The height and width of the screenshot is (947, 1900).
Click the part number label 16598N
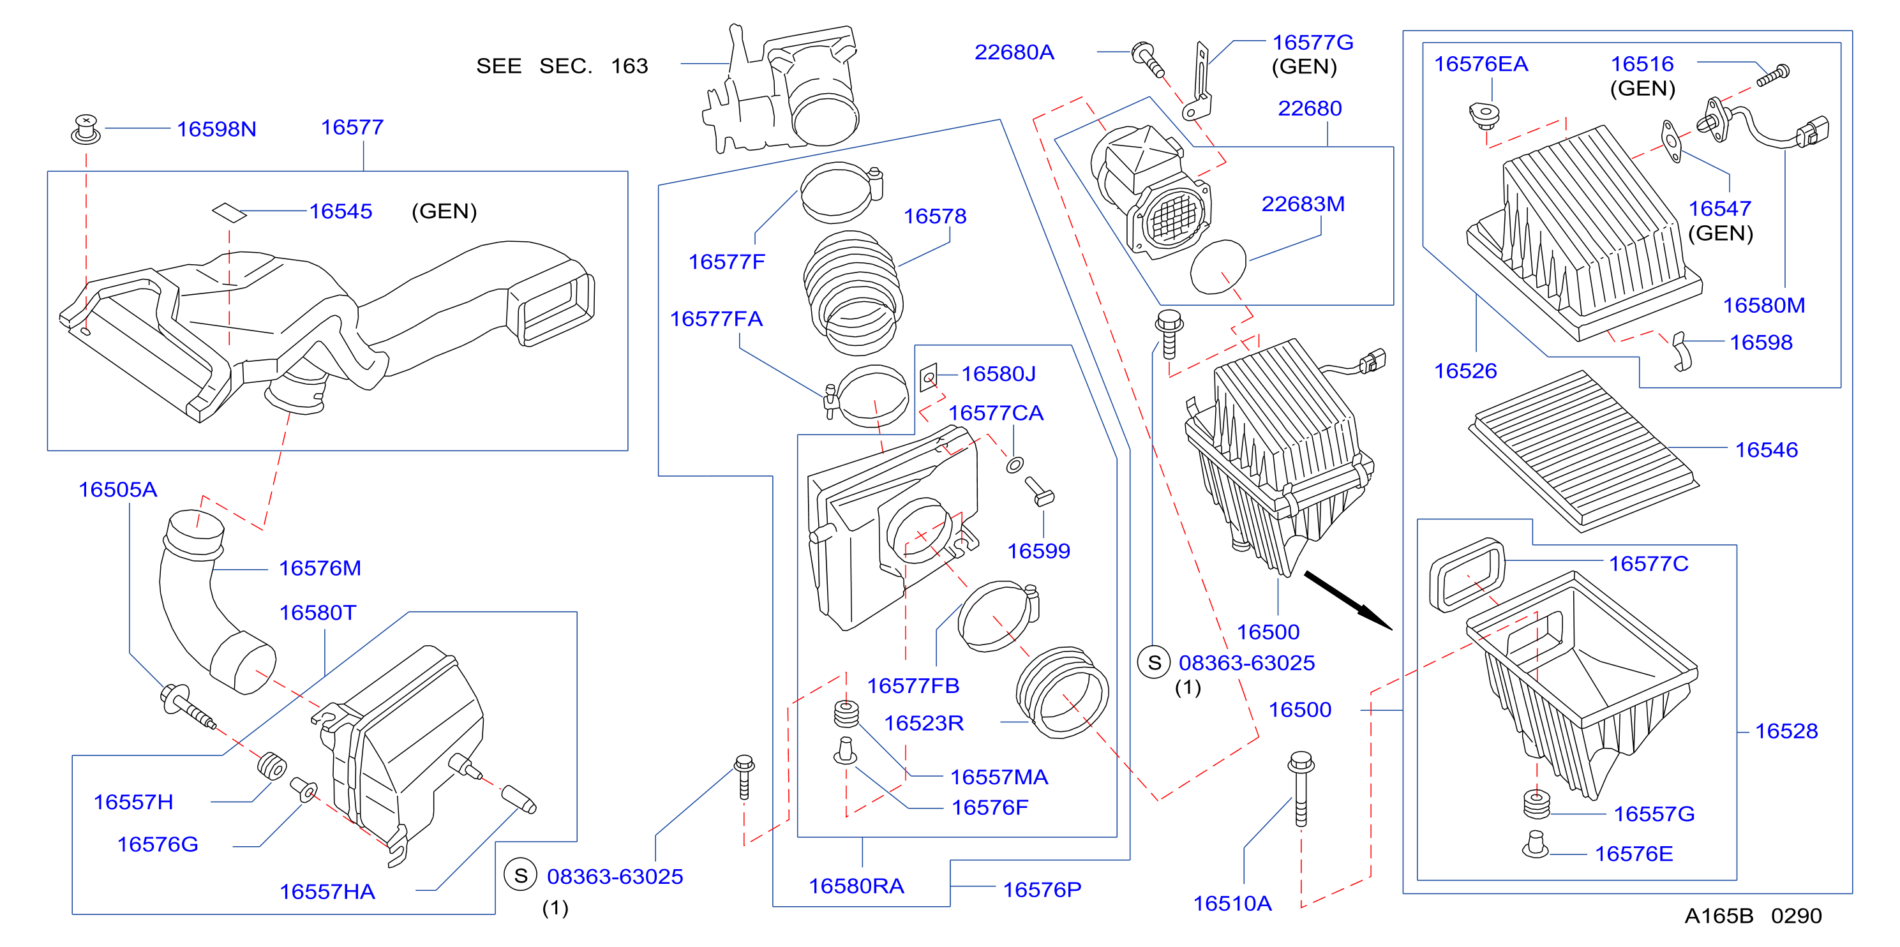pyautogui.click(x=216, y=129)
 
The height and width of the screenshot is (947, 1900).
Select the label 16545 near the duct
pyautogui.click(x=340, y=211)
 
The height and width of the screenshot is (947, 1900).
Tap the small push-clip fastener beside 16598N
pyautogui.click(x=86, y=129)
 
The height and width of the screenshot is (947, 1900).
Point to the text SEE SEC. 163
pyautogui.click(x=562, y=66)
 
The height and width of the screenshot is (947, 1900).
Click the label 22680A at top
pyautogui.click(x=1014, y=52)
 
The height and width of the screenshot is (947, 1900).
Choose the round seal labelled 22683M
pyautogui.click(x=1218, y=266)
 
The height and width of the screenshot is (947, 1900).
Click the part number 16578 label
pyautogui.click(x=934, y=216)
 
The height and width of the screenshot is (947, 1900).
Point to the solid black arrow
pyautogui.click(x=1349, y=600)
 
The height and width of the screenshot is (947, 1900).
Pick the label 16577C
pyautogui.click(x=1649, y=564)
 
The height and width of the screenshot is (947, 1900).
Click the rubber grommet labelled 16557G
pyautogui.click(x=1536, y=805)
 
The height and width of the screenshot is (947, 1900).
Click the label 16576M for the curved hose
pyautogui.click(x=320, y=568)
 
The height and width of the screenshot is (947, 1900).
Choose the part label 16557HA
pyautogui.click(x=327, y=891)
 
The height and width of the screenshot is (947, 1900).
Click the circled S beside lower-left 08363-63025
pyautogui.click(x=521, y=876)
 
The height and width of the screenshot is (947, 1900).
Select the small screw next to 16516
pyautogui.click(x=1772, y=75)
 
